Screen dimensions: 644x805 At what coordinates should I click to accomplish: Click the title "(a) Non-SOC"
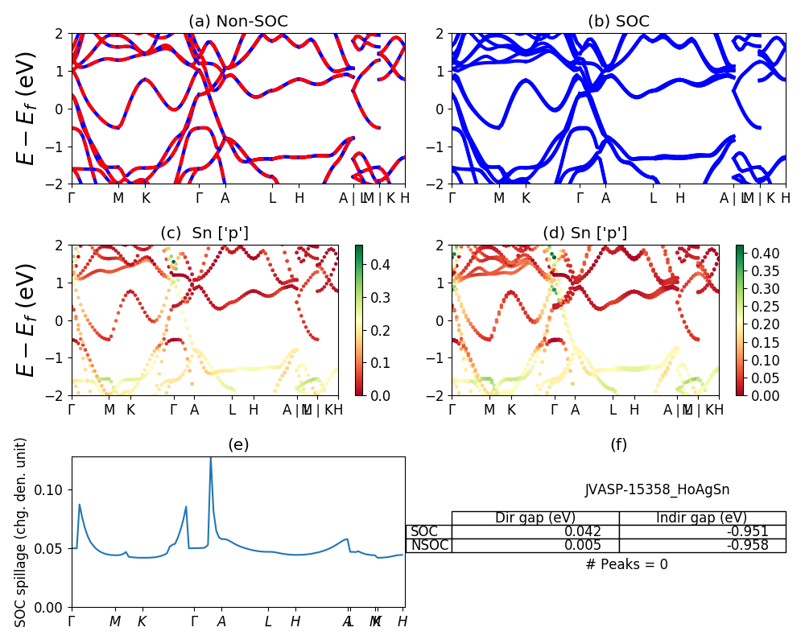(238, 22)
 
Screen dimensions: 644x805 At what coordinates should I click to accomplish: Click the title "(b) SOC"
(618, 22)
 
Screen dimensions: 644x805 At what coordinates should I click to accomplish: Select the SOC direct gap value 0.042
(599, 531)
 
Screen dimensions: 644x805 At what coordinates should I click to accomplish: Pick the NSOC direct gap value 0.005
(599, 545)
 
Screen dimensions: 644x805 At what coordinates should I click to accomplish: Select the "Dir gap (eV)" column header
(535, 518)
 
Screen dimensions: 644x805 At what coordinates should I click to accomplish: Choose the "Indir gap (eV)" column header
(702, 518)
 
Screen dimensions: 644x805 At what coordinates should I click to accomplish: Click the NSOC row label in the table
(428, 545)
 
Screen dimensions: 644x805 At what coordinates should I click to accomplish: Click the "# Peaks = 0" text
(626, 564)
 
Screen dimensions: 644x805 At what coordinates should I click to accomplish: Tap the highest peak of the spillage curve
(211, 458)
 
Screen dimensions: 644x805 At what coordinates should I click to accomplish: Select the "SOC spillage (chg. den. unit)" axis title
(22, 532)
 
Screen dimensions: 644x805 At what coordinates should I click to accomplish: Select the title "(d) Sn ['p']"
(585, 233)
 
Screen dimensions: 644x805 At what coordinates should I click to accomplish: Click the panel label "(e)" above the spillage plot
(238, 444)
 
